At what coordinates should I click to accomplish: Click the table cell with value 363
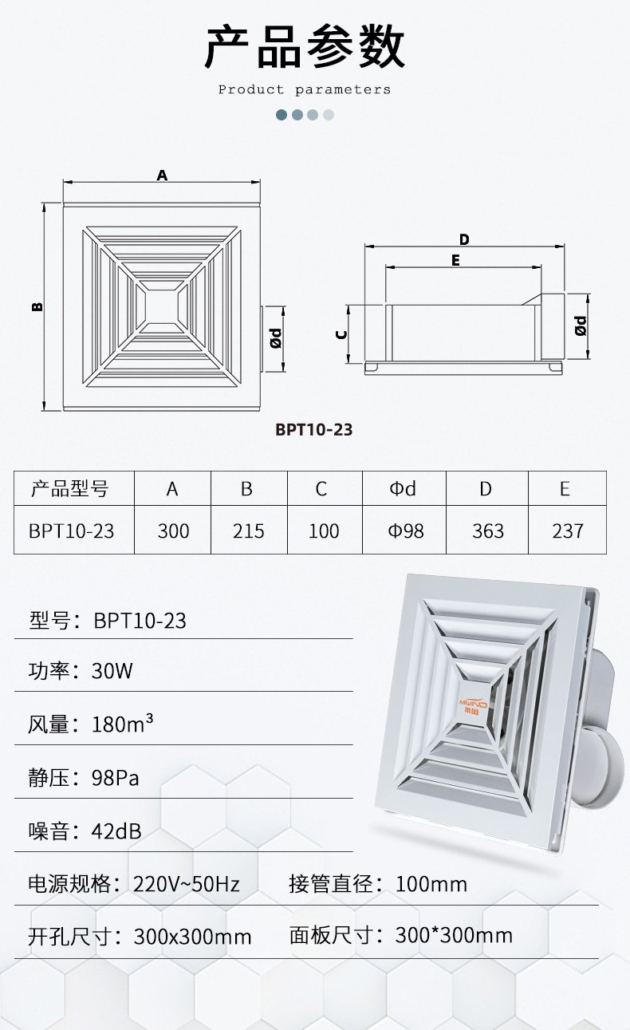click(x=487, y=531)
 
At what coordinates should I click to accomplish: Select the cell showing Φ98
click(x=404, y=531)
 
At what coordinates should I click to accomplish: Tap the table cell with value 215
click(x=249, y=531)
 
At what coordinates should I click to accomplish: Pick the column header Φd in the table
click(x=404, y=488)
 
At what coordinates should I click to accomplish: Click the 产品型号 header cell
click(x=74, y=488)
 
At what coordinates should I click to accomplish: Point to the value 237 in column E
click(x=568, y=531)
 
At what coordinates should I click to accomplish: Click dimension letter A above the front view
click(x=162, y=176)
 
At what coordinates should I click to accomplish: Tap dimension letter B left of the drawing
click(x=37, y=306)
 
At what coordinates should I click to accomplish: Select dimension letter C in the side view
click(x=341, y=334)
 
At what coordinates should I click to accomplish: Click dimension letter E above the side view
click(x=455, y=261)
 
